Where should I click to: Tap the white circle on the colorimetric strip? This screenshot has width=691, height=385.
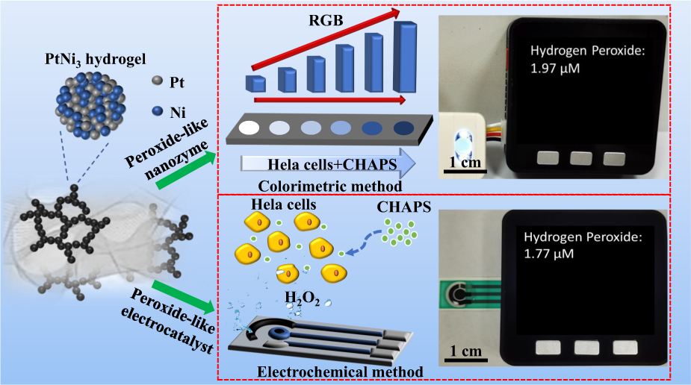click(251, 127)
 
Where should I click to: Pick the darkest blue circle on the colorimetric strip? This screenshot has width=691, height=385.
click(403, 128)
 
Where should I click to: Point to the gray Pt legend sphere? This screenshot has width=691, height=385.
click(155, 79)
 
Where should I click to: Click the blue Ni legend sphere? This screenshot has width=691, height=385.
click(155, 111)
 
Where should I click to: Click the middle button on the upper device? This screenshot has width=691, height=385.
click(580, 158)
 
